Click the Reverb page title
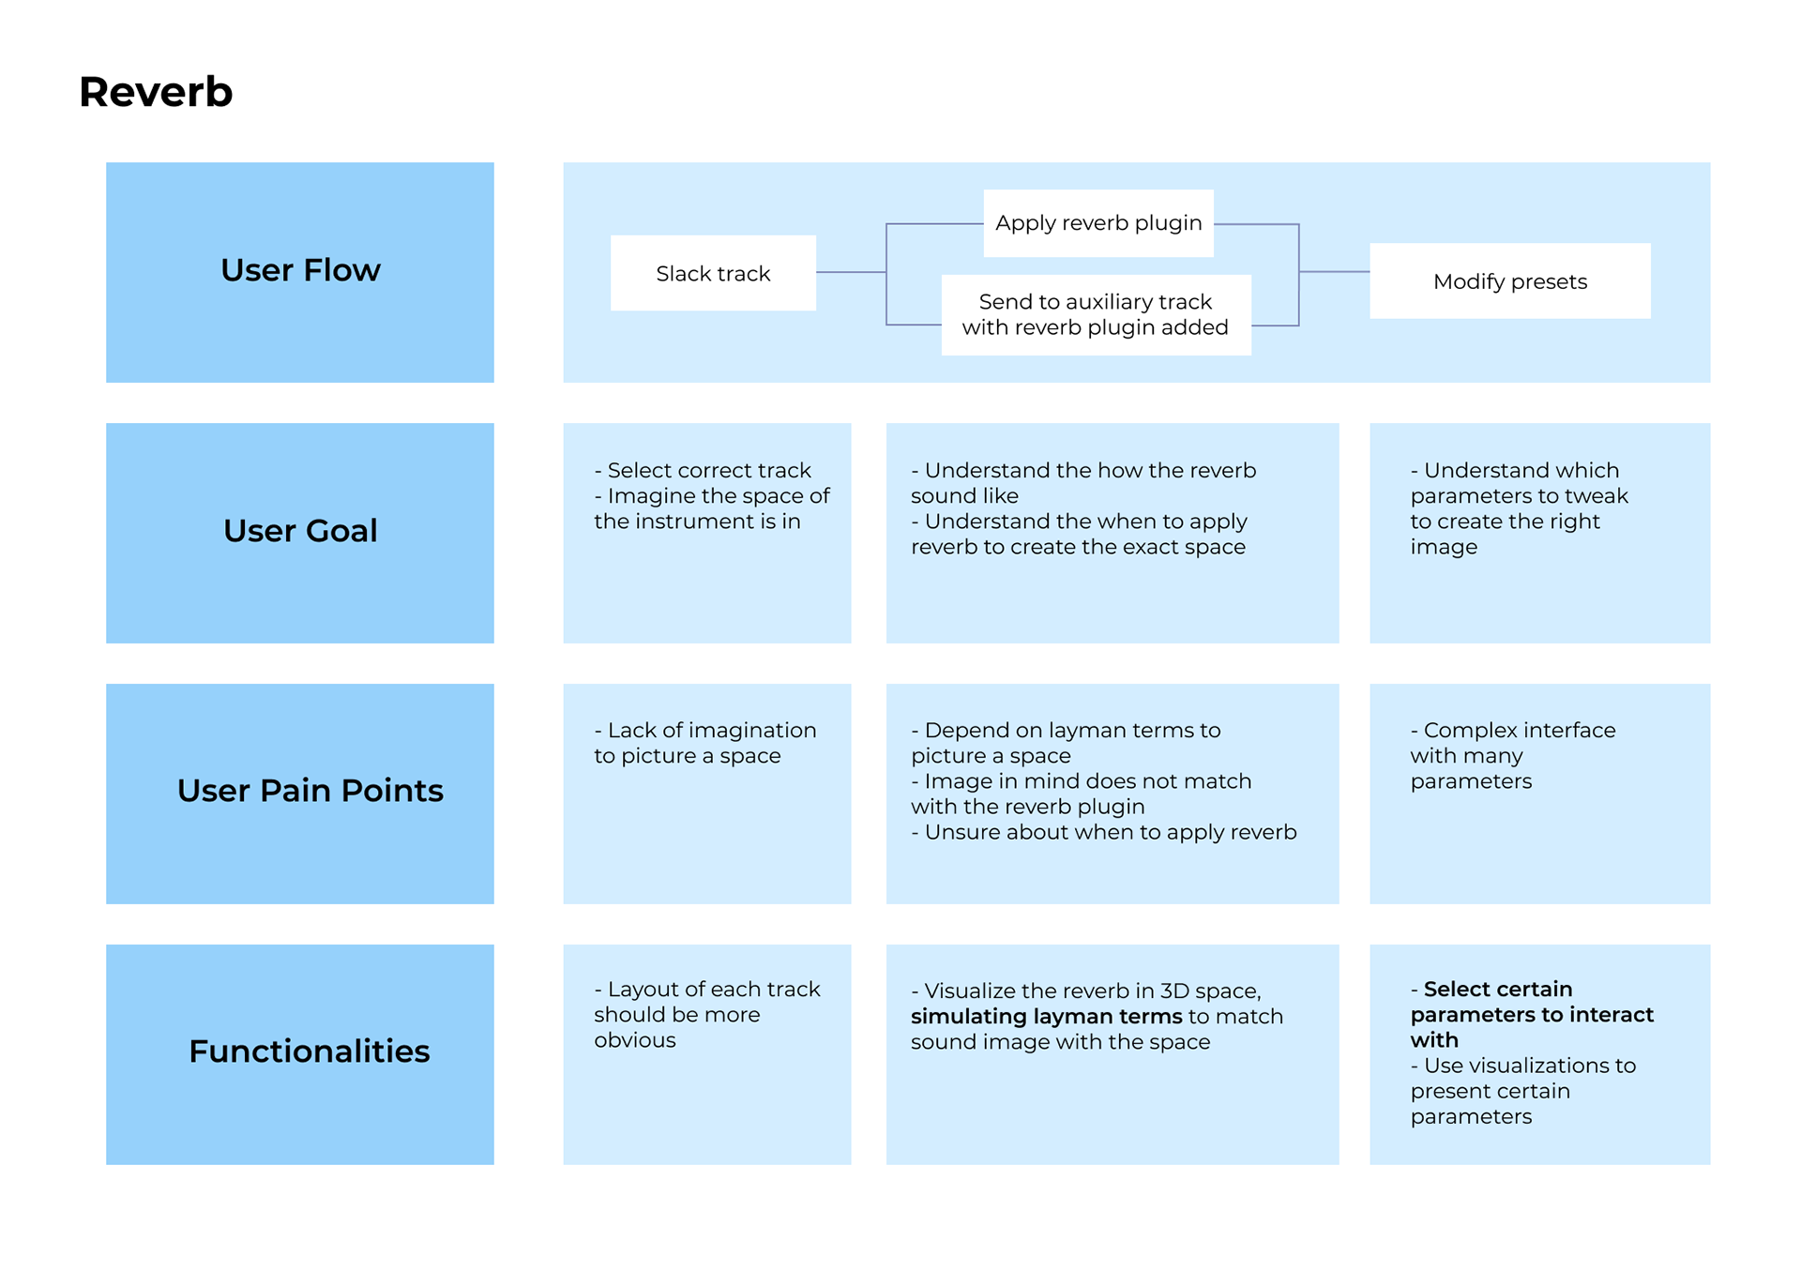(x=156, y=92)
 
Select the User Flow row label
(x=300, y=270)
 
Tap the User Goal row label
(x=300, y=531)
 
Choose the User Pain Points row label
(x=310, y=791)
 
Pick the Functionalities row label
(x=310, y=1051)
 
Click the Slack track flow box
(x=713, y=273)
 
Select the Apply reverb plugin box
(x=1098, y=223)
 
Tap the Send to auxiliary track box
(x=1096, y=314)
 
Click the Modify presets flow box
(x=1510, y=281)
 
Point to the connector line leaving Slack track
(x=851, y=272)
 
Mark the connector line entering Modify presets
(x=1335, y=272)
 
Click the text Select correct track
(x=709, y=470)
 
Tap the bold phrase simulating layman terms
(x=1047, y=1017)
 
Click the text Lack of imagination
(x=712, y=730)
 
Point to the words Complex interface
(x=1520, y=730)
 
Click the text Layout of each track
(x=714, y=989)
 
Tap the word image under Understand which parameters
(x=1444, y=547)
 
